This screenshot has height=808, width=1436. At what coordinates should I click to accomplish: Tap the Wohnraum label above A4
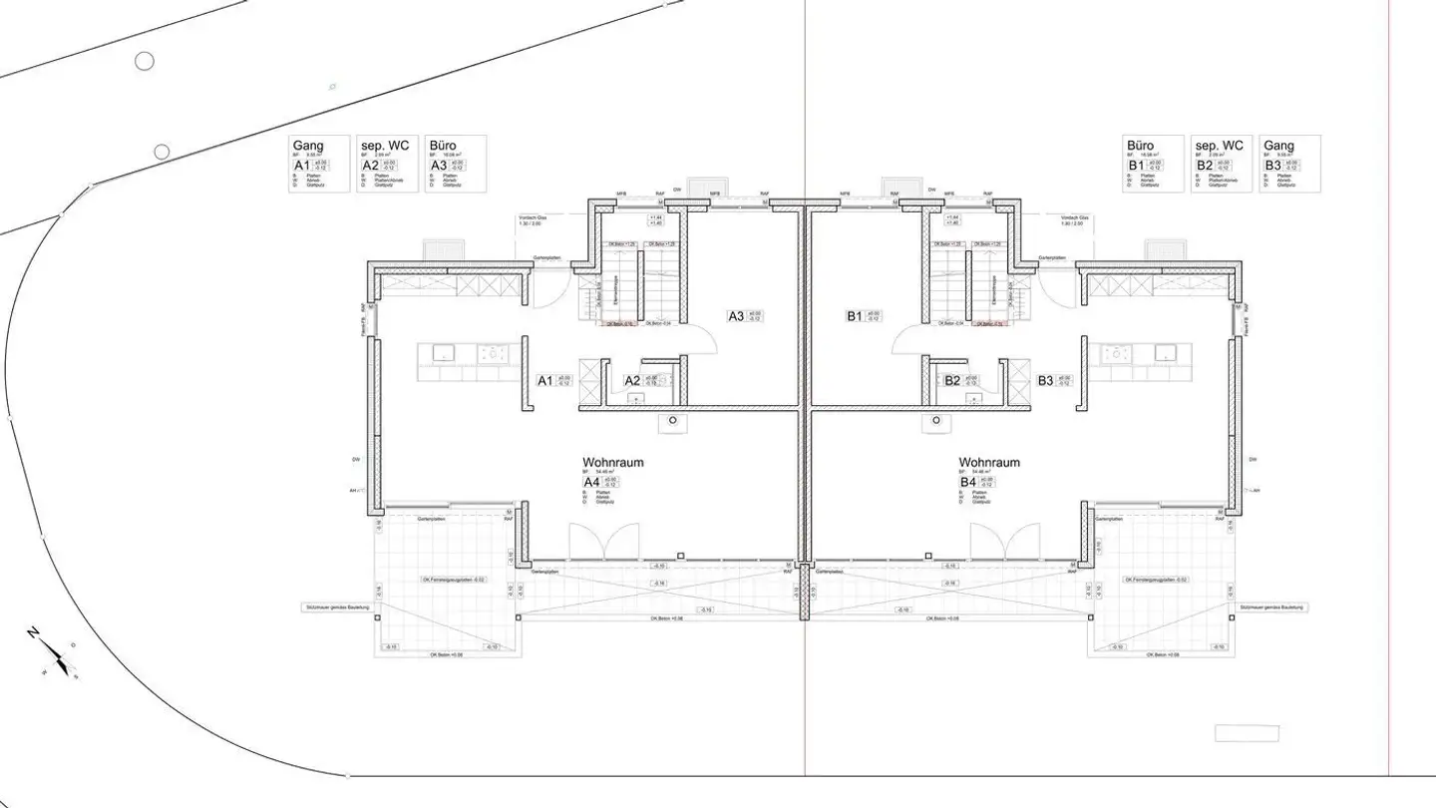(612, 463)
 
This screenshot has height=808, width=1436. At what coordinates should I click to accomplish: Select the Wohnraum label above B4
(989, 463)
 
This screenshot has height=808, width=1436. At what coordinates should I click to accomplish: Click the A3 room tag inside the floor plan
(736, 316)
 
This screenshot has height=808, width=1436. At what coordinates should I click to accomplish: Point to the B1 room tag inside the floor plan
(854, 316)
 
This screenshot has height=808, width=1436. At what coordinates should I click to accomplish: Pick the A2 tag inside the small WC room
(632, 380)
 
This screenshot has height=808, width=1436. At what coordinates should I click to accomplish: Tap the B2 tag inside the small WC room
(952, 380)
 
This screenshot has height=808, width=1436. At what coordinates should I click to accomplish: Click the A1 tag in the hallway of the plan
(545, 380)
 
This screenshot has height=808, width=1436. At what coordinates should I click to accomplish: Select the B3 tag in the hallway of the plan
(1045, 380)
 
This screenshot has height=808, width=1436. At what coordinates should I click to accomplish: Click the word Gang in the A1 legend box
(308, 147)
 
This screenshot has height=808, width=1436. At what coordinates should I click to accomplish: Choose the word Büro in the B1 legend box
(1141, 146)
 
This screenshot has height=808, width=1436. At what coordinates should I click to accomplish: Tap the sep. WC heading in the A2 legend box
(385, 146)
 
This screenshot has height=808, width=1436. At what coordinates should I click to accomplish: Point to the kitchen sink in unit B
(1165, 352)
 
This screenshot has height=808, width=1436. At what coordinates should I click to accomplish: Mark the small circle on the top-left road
(145, 62)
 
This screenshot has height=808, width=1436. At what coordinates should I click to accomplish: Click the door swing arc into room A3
(703, 340)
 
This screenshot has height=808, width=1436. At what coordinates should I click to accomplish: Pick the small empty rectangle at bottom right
(1247, 733)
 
